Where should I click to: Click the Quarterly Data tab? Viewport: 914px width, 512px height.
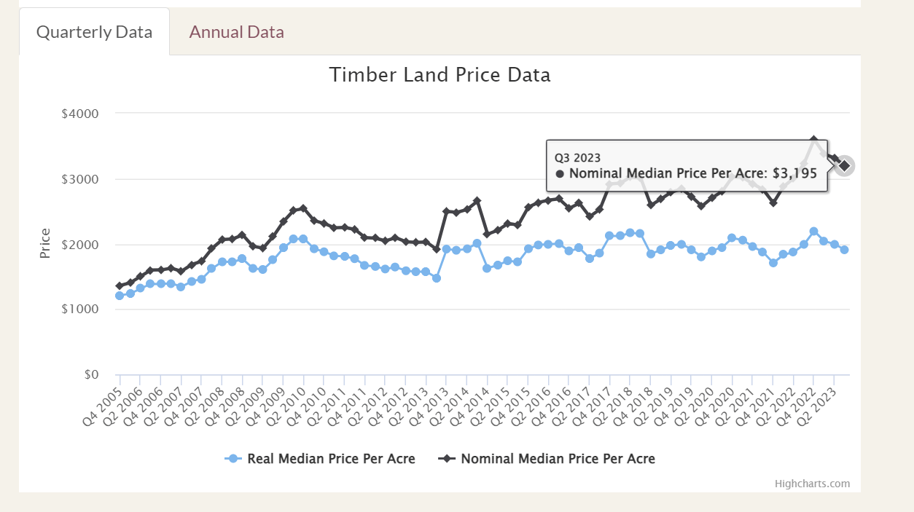94,32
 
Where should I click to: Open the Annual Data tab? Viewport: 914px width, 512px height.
236,32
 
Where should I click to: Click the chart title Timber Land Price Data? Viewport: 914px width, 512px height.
440,75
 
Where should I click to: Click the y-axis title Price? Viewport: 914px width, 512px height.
45,243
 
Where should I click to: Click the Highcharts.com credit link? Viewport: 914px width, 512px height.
812,484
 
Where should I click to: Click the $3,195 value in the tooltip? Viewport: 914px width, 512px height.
794,173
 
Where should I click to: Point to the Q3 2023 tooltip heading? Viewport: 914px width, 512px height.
577,157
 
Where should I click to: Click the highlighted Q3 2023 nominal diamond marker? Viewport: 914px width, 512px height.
844,166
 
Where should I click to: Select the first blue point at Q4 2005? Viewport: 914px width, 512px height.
120,296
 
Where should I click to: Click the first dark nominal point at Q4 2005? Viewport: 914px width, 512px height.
120,286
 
